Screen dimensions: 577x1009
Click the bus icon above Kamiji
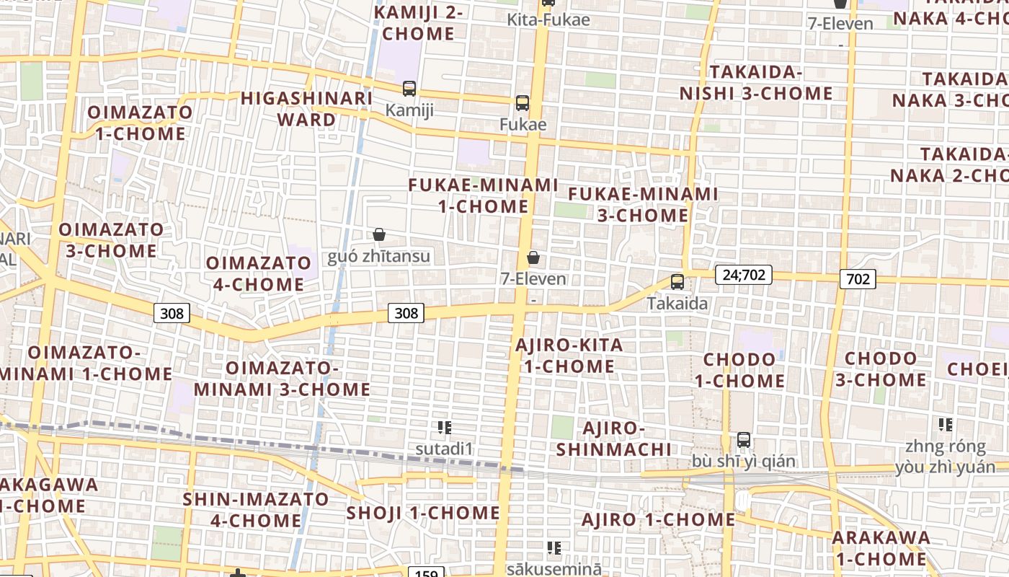click(x=409, y=89)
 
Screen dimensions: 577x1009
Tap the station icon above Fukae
click(x=523, y=103)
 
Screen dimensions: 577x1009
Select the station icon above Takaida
click(x=677, y=282)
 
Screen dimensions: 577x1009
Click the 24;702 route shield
click(x=744, y=275)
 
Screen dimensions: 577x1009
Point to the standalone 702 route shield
click(x=858, y=279)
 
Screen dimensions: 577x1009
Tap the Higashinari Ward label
click(x=306, y=109)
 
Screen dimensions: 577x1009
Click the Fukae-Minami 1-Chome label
click(x=483, y=195)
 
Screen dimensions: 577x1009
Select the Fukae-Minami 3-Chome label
click(x=643, y=204)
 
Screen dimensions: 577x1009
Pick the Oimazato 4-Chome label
click(x=259, y=273)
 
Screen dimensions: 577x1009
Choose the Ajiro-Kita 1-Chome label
click(x=569, y=356)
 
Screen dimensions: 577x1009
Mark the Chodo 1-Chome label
click(x=739, y=370)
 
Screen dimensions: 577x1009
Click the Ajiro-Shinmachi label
click(x=614, y=439)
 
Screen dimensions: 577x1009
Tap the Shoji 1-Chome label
click(x=423, y=514)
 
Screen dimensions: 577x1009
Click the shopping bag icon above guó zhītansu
click(x=379, y=234)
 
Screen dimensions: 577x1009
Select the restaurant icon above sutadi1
click(x=445, y=428)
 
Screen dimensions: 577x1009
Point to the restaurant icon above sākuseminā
click(x=554, y=548)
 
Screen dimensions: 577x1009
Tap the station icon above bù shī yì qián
click(x=744, y=439)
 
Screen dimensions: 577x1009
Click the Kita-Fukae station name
click(x=548, y=19)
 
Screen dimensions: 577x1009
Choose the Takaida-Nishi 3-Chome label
click(x=756, y=83)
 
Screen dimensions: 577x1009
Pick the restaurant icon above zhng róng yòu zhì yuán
click(x=945, y=425)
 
